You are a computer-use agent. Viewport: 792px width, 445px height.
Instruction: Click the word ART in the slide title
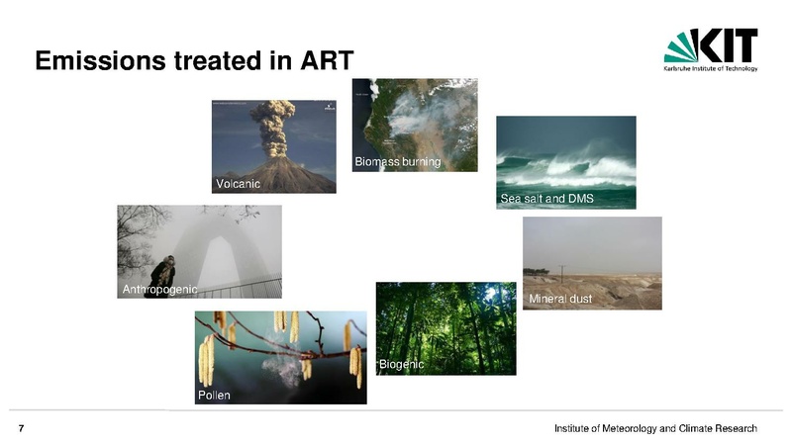[x=327, y=60]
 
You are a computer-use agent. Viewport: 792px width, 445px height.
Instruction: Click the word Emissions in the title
[x=100, y=60]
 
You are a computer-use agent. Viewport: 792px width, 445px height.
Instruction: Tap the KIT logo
[x=711, y=49]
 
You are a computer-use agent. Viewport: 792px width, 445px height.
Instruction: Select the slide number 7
[x=21, y=429]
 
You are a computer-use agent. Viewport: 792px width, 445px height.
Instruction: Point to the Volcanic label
[x=238, y=184]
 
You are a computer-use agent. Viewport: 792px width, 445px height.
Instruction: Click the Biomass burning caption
[x=398, y=162]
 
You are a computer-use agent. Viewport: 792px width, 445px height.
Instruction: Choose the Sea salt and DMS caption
[x=547, y=199]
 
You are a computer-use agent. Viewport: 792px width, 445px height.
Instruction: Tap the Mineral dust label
[x=560, y=299]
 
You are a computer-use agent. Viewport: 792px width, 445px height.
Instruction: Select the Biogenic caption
[x=401, y=364]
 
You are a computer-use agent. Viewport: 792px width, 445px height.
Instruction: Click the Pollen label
[x=214, y=395]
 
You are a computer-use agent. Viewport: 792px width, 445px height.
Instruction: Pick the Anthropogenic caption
[x=159, y=290]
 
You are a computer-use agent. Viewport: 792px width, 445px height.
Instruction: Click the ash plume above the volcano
[x=273, y=128]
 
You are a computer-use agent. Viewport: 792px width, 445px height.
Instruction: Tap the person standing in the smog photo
[x=161, y=277]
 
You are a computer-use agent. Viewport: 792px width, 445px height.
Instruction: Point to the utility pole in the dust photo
[x=561, y=274]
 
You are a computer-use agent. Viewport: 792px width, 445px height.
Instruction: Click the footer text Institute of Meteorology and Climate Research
[x=655, y=429]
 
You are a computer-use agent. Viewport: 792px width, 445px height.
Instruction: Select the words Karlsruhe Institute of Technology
[x=711, y=68]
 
